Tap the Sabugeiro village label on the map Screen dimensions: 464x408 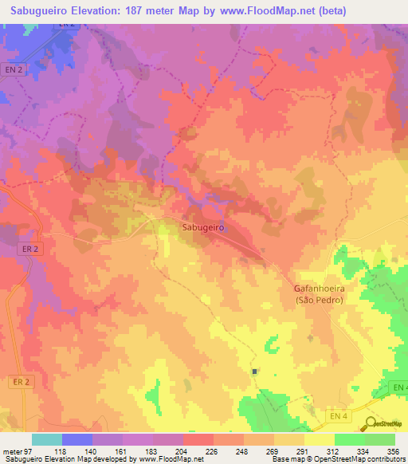201,227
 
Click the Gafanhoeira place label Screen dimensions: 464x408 319,289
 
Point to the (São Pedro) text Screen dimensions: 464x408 319,300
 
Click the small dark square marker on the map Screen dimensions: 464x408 255,372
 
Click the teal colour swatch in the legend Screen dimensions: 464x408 47,439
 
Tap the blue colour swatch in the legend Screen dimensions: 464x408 77,439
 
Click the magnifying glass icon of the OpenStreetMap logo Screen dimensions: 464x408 369,424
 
